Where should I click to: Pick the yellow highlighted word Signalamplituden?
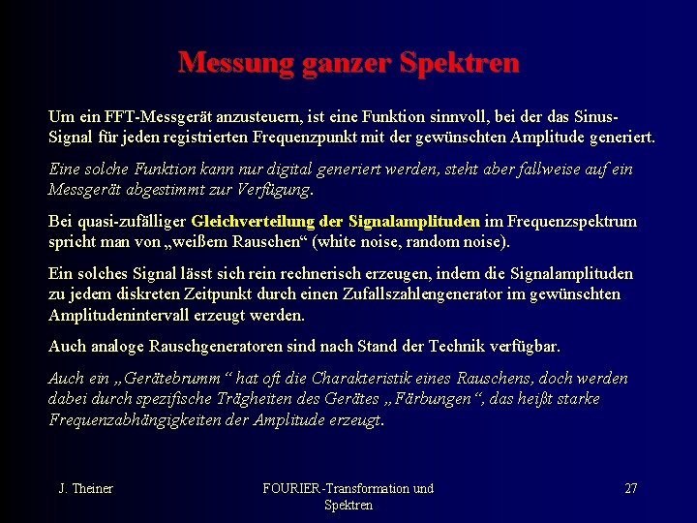pos(413,221)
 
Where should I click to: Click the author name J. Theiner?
pos(85,488)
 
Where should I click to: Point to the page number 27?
pos(631,488)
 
